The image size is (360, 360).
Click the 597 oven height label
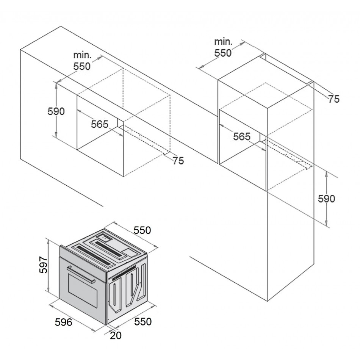pyautogui.click(x=42, y=265)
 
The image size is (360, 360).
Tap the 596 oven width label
pyautogui.click(x=63, y=322)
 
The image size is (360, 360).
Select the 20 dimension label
pyautogui.click(x=116, y=335)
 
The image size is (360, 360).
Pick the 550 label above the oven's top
pyautogui.click(x=142, y=230)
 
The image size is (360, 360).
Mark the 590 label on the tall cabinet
pyautogui.click(x=326, y=199)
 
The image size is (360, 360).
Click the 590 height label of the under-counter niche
pyautogui.click(x=56, y=111)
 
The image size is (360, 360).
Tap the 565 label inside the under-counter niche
pyautogui.click(x=100, y=124)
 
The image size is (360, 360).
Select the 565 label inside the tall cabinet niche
pyautogui.click(x=241, y=136)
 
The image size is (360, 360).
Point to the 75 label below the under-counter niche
pyautogui.click(x=178, y=161)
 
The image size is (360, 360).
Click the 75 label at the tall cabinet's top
pyautogui.click(x=333, y=99)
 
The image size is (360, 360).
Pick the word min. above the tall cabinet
pyautogui.click(x=223, y=41)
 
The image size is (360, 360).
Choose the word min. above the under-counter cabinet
pyautogui.click(x=83, y=55)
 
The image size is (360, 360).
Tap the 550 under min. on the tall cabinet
pyautogui.click(x=223, y=53)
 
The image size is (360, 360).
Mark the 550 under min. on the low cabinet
pyautogui.click(x=82, y=66)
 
